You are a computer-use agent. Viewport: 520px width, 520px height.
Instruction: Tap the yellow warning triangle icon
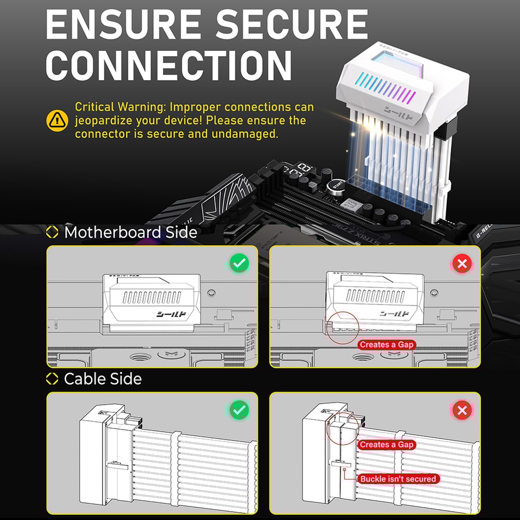tap(57, 121)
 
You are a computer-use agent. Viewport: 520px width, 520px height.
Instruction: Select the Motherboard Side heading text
tap(131, 232)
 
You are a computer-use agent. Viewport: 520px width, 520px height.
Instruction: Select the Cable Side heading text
tap(102, 379)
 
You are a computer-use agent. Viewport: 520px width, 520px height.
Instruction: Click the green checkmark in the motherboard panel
tap(239, 264)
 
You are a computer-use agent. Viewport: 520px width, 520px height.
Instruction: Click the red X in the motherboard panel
tap(462, 264)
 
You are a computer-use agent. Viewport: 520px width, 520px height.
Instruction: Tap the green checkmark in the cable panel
tap(239, 411)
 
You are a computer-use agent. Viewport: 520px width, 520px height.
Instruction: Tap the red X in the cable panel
tap(462, 411)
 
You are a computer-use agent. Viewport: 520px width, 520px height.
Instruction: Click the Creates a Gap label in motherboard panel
tap(387, 345)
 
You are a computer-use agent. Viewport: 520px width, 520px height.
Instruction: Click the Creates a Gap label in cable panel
tap(387, 445)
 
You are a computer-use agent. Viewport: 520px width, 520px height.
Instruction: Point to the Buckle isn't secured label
tap(398, 478)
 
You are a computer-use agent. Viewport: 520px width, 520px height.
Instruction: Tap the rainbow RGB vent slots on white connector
tap(387, 89)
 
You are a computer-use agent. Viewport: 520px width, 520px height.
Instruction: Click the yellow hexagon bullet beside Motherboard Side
tap(53, 232)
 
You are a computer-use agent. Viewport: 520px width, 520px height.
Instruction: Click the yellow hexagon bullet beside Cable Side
tap(53, 379)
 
